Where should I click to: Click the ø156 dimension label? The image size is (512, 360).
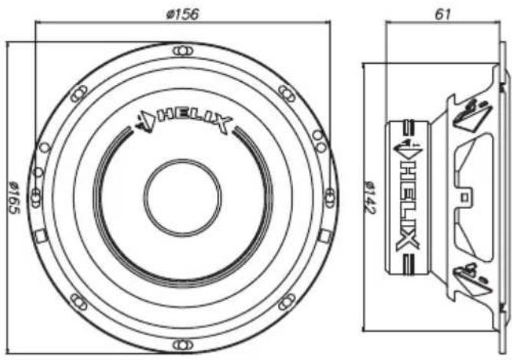click(x=182, y=15)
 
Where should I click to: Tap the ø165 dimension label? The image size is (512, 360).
click(x=14, y=198)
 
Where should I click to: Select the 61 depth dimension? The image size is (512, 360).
click(x=443, y=15)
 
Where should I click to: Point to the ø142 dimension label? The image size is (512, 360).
click(x=370, y=197)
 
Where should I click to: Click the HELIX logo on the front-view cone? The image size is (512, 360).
click(x=184, y=121)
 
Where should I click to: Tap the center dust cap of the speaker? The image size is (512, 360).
click(x=182, y=198)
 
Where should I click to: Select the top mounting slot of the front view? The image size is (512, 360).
click(x=183, y=51)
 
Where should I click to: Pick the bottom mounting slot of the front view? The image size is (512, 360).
click(x=183, y=345)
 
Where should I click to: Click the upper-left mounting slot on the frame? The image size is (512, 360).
click(x=79, y=93)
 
